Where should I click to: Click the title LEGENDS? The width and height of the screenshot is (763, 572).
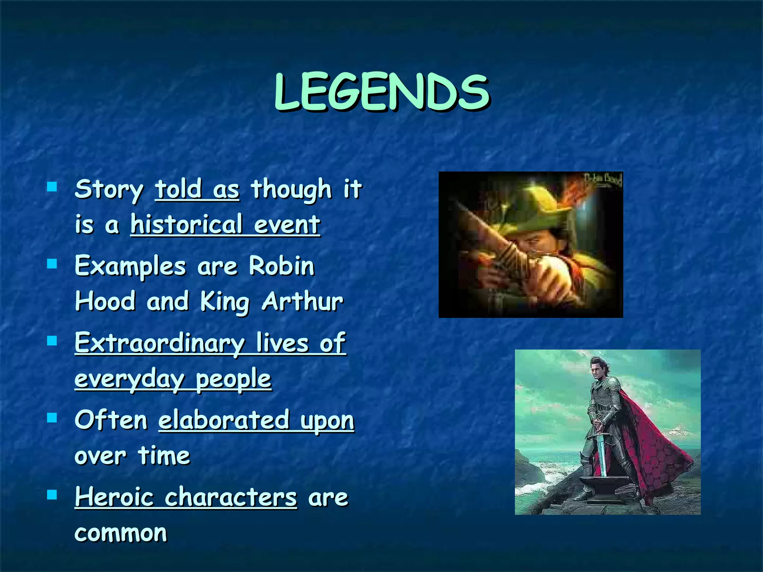pyautogui.click(x=382, y=92)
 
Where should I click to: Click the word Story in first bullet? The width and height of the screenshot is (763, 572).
pyautogui.click(x=109, y=190)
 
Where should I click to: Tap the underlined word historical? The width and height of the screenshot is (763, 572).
pyautogui.click(x=186, y=225)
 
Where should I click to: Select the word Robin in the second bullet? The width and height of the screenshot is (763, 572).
pyautogui.click(x=282, y=266)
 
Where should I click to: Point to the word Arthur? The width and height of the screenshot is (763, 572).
pyautogui.click(x=302, y=301)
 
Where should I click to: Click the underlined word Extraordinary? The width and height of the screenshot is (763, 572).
pyautogui.click(x=159, y=343)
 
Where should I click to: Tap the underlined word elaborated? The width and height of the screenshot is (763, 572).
pyautogui.click(x=224, y=420)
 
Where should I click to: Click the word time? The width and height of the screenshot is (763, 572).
pyautogui.click(x=164, y=456)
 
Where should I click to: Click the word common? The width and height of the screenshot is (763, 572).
pyautogui.click(x=120, y=533)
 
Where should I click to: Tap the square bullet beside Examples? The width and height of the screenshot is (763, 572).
pyautogui.click(x=52, y=264)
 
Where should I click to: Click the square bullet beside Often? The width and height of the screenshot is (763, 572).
pyautogui.click(x=52, y=418)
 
